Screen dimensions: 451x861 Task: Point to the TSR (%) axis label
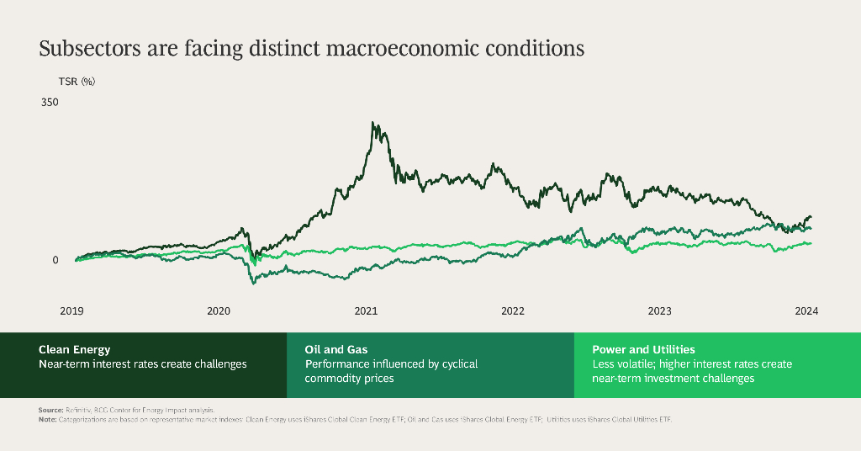coord(77,82)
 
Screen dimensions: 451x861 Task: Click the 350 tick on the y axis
coord(50,103)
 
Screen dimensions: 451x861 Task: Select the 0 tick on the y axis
coord(55,260)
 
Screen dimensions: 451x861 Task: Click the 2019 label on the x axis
coord(71,311)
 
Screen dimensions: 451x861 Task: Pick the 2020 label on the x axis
coord(219,311)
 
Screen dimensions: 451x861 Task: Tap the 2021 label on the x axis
coord(366,311)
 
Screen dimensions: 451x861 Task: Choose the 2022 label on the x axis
coord(513,311)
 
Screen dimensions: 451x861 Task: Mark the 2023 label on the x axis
coord(660,311)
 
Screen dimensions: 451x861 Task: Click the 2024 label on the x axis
coord(806,311)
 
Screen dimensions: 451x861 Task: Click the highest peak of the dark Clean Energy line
coord(373,123)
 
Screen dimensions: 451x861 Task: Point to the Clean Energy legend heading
coord(74,349)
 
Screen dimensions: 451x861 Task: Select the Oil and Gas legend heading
coord(336,349)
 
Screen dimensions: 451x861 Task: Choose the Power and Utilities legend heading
coord(643,349)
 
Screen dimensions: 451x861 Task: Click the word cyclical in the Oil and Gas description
coord(458,364)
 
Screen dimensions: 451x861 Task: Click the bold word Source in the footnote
coord(50,410)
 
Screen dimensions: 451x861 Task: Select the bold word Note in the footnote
coord(48,418)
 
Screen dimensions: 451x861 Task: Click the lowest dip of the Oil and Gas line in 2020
coord(254,283)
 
